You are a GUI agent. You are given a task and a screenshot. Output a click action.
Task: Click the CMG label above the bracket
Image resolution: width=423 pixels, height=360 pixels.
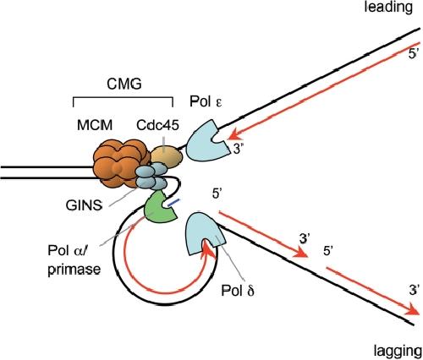coord(124,84)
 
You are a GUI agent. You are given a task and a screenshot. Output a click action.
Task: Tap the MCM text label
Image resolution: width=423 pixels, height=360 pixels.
coord(95,125)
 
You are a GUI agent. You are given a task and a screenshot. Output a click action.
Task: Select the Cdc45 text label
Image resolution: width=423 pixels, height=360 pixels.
coord(157,125)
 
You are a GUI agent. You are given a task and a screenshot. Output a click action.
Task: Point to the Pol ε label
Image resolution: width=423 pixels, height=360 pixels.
coord(206,101)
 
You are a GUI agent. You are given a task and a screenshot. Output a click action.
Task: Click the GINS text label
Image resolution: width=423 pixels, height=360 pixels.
coord(84,205)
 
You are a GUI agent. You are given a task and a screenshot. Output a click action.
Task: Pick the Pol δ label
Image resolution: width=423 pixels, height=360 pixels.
coord(238,291)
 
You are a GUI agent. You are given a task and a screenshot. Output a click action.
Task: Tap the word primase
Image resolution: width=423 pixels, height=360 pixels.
coord(74,270)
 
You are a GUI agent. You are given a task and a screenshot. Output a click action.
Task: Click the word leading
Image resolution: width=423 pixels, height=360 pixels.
coord(388,7)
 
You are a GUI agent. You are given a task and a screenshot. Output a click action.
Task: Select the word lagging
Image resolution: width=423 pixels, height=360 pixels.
coord(398,352)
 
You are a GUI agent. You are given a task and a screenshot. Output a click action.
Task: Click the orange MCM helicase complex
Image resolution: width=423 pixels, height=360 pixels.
coord(120,164)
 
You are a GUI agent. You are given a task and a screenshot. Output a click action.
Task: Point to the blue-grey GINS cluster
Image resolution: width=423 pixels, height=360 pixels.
coord(151,177)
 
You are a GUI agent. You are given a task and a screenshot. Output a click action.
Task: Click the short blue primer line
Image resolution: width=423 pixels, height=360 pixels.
coord(173,203)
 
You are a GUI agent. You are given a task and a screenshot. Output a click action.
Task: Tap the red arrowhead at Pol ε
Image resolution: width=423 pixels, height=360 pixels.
coord(234,136)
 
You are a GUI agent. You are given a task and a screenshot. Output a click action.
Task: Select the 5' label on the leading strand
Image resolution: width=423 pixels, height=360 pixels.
coord(413,54)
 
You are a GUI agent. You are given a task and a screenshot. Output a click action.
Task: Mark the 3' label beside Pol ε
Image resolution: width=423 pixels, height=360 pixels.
coord(238,149)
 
